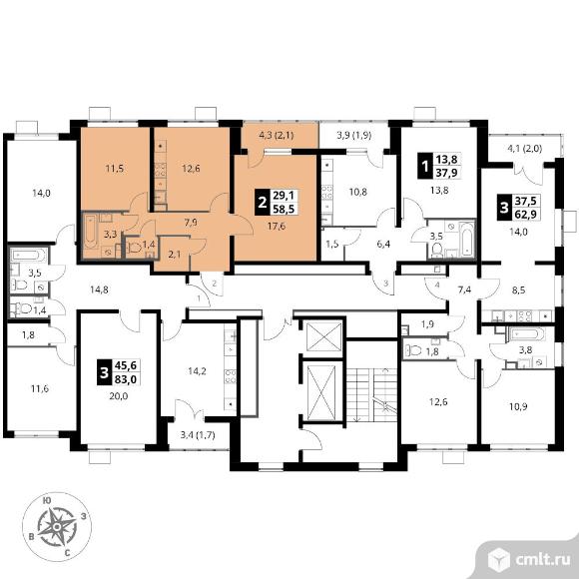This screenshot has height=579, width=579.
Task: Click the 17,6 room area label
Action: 277,226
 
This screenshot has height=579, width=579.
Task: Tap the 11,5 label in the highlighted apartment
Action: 115,169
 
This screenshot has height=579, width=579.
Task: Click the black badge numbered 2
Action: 263,202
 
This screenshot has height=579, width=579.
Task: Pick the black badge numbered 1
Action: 425,166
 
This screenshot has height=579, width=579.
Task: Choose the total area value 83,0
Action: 126,379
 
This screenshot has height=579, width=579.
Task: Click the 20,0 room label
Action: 118,396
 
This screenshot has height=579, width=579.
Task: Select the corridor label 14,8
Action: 99,289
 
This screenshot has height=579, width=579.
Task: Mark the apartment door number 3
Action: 386,284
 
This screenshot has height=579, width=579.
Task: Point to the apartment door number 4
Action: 437,285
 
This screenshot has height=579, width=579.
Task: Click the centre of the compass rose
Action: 57,527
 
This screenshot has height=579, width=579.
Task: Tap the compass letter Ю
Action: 47,500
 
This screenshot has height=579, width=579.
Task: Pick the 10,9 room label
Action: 518,406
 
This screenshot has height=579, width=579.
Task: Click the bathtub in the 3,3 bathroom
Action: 90,232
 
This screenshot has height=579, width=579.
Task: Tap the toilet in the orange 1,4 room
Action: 134,248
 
